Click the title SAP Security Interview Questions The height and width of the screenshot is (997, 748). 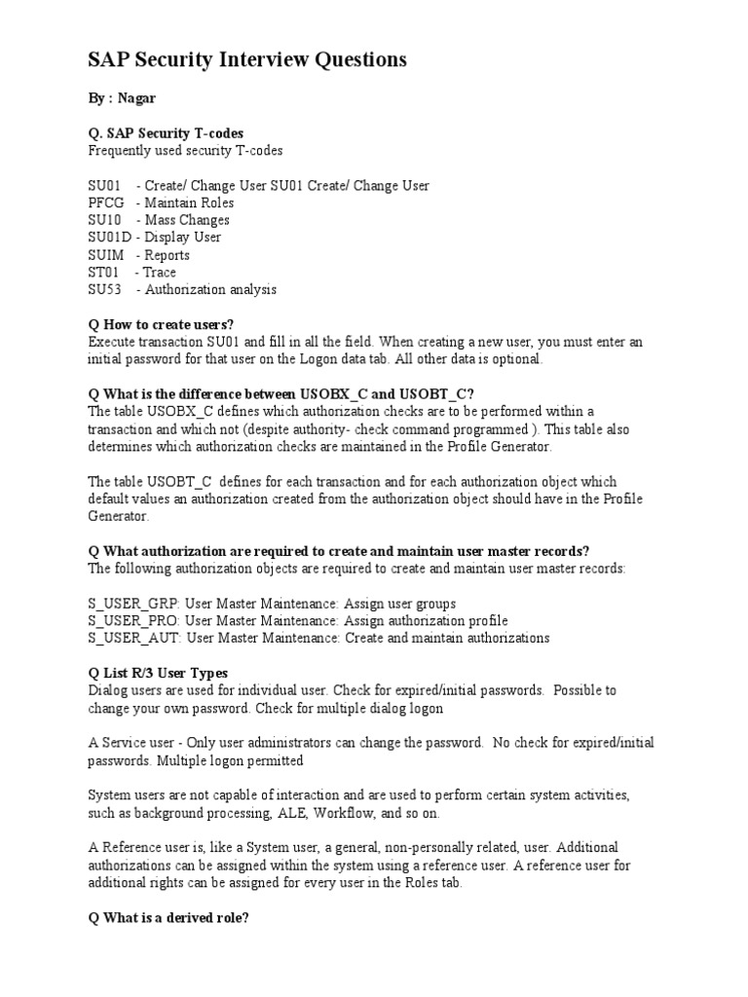pos(247,60)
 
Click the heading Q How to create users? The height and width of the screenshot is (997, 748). pos(162,324)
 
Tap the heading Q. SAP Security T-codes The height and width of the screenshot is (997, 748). pos(166,133)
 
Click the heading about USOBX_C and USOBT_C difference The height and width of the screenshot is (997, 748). pos(280,393)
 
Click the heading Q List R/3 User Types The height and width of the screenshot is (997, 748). pos(158,673)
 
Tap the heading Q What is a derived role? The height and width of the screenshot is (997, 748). pos(168,917)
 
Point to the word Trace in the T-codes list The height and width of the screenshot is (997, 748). pos(159,273)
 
